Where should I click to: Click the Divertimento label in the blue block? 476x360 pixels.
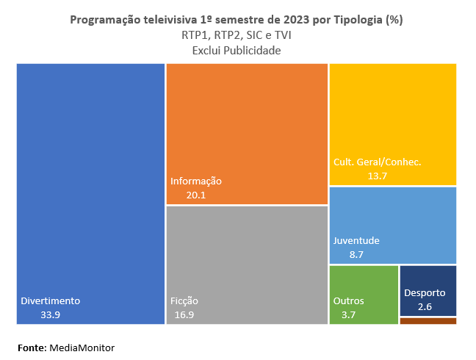(x=50, y=301)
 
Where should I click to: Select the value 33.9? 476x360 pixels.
(x=51, y=314)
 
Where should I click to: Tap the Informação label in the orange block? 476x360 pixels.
(x=196, y=181)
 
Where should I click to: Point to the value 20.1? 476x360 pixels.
(x=196, y=195)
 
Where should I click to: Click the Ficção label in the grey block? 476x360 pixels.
(x=184, y=301)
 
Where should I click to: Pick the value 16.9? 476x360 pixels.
(x=184, y=314)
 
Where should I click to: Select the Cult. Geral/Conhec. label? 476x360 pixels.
(x=377, y=162)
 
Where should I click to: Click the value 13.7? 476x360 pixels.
(x=377, y=176)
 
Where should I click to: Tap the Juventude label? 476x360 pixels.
(x=356, y=241)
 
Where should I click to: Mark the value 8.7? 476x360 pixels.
(x=356, y=255)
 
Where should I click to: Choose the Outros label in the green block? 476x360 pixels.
(x=348, y=301)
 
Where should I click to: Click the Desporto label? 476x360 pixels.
(x=425, y=293)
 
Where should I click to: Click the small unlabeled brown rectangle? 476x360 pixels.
(x=428, y=321)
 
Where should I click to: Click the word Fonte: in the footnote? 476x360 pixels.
(x=32, y=347)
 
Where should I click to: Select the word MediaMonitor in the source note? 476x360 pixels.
(x=82, y=347)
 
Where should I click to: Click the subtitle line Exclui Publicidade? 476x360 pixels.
(x=237, y=50)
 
